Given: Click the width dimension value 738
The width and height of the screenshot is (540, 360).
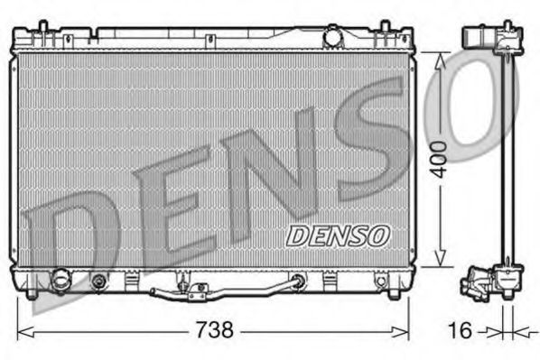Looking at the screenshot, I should (214, 330).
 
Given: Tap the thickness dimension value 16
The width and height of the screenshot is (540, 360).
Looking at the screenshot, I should (461, 331).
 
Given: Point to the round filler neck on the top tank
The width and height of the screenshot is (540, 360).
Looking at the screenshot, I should (334, 39).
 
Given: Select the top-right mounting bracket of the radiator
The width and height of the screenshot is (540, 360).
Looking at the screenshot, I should (395, 36).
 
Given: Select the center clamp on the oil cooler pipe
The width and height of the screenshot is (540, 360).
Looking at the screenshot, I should (197, 289).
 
